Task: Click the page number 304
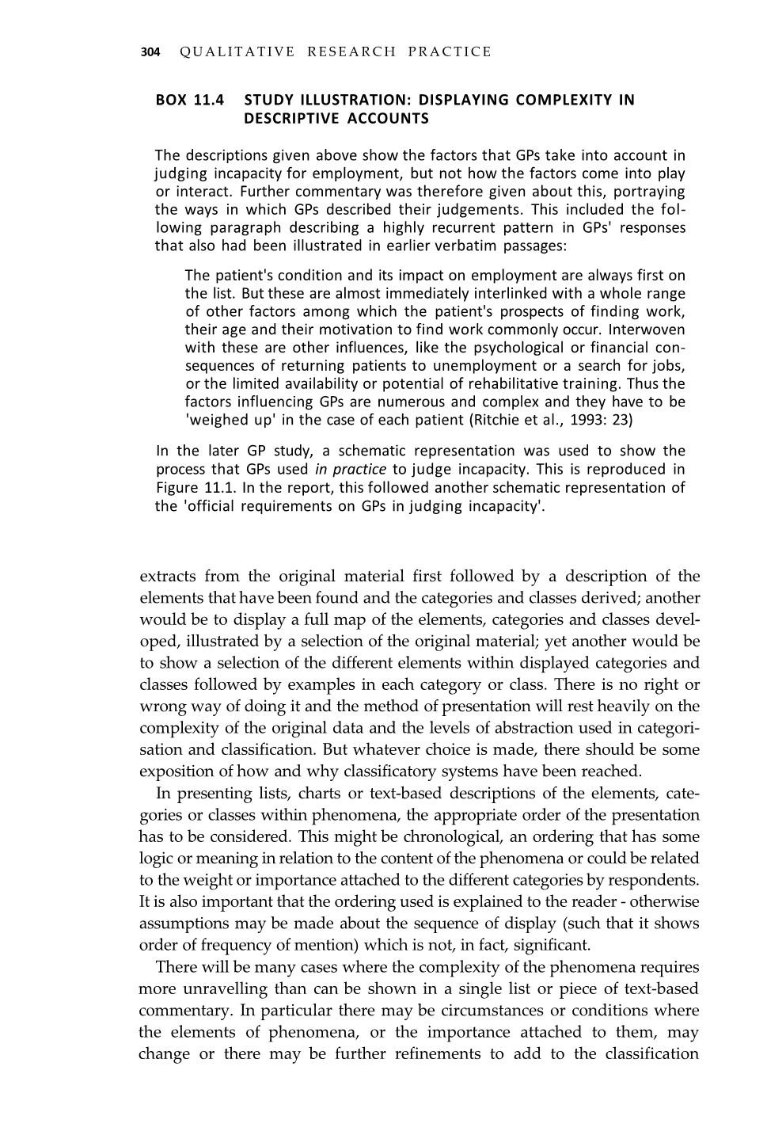point(150,52)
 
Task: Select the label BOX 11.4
point(190,101)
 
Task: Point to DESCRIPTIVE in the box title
point(294,119)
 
